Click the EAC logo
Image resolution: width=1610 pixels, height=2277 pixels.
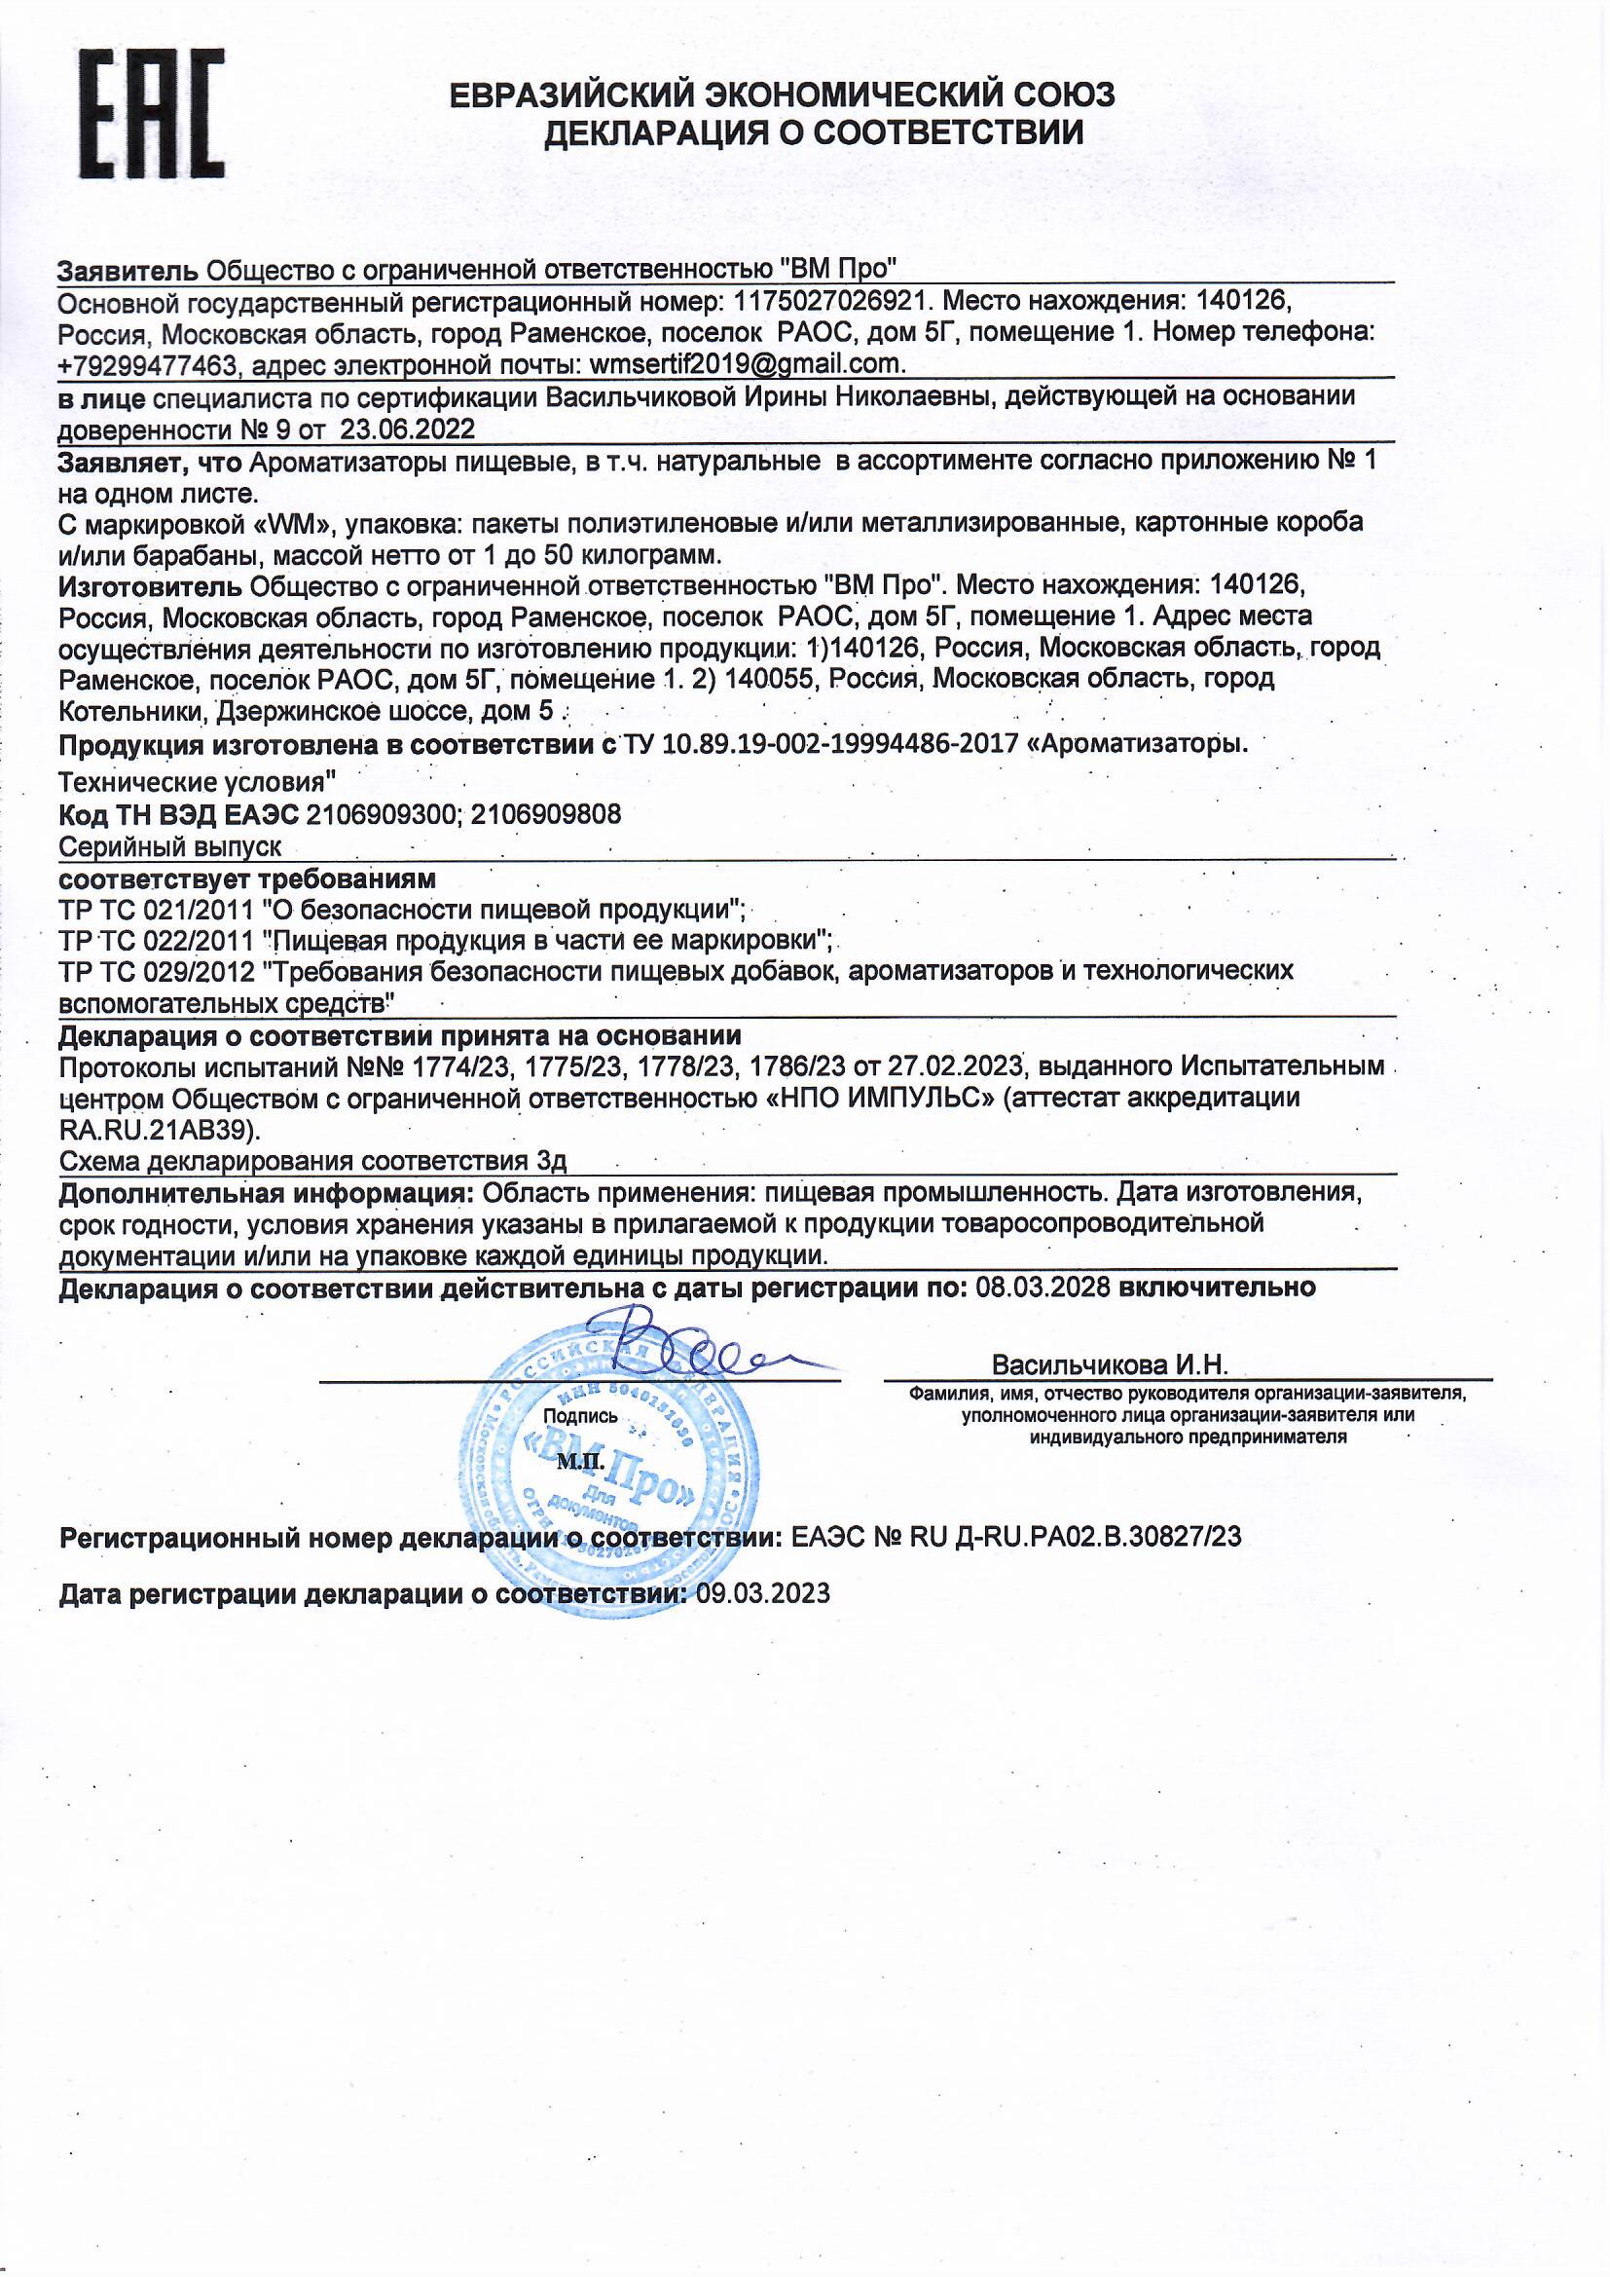pyautogui.click(x=152, y=114)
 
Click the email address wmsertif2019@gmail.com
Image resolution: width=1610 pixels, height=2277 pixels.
pyautogui.click(x=747, y=364)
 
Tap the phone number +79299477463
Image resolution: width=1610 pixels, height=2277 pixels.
pyautogui.click(x=149, y=365)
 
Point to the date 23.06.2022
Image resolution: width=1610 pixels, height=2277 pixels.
pyautogui.click(x=409, y=429)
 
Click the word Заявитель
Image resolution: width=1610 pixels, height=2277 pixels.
pyautogui.click(x=128, y=269)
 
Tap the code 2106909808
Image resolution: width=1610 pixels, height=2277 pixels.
pyautogui.click(x=546, y=815)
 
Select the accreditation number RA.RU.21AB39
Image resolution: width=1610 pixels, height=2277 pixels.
pyautogui.click(x=159, y=1130)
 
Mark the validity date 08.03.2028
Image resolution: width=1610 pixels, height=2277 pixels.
pyautogui.click(x=1043, y=1288)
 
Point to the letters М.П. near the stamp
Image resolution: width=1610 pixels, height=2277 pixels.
pyautogui.click(x=574, y=1460)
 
